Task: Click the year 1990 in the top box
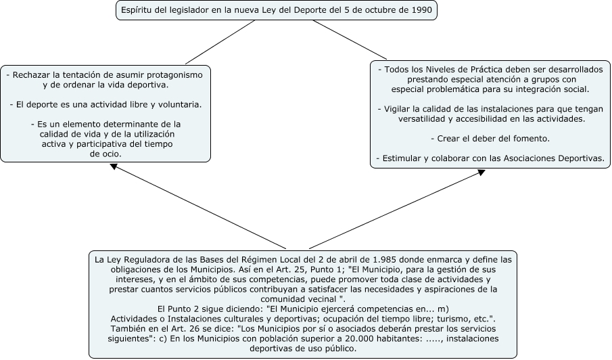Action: (420, 11)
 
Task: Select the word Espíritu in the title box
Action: (138, 11)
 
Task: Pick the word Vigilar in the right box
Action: (398, 109)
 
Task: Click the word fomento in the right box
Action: (532, 138)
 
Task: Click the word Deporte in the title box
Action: (308, 11)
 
